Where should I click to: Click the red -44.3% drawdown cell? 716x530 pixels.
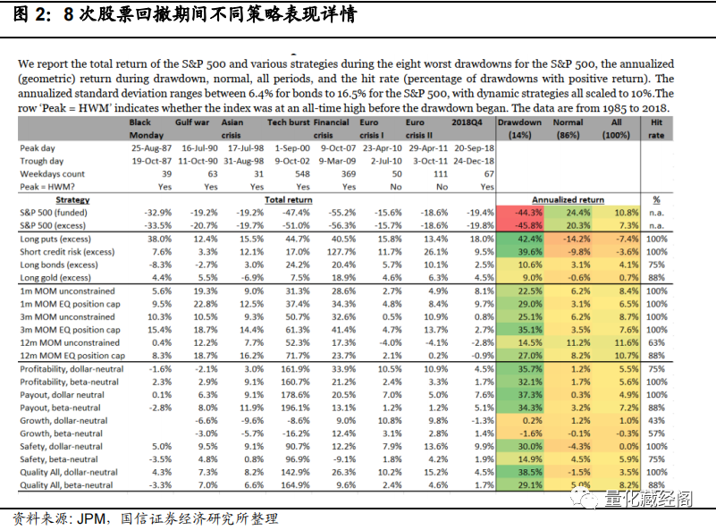click(526, 213)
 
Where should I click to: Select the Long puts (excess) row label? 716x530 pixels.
click(59, 240)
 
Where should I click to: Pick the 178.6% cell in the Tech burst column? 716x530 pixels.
click(294, 394)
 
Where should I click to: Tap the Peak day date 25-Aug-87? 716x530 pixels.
click(151, 147)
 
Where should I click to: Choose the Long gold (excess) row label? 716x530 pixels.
click(59, 278)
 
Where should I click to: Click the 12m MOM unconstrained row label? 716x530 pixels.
click(71, 343)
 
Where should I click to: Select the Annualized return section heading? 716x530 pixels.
click(567, 200)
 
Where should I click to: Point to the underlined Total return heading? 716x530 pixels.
click(288, 200)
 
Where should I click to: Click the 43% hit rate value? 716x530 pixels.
click(656, 420)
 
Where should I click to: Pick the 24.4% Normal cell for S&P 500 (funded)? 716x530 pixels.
click(578, 213)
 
